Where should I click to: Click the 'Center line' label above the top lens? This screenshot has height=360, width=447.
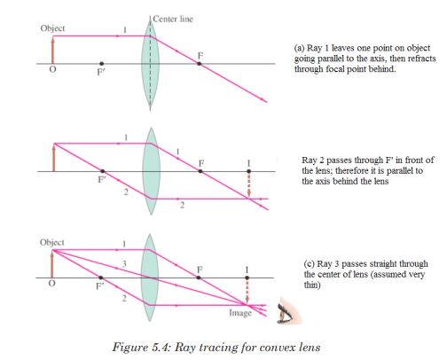coord(173,20)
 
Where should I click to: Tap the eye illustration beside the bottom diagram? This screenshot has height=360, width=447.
coord(288,312)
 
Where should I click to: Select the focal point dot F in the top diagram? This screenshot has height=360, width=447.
coord(200,64)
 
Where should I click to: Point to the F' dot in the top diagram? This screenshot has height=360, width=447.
coord(102,64)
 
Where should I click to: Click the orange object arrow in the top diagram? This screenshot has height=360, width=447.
coord(53,50)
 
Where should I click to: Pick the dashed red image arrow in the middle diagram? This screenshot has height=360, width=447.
coord(249,185)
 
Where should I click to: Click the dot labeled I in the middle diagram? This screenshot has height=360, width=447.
coord(249,171)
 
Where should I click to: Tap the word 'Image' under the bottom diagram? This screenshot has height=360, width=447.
coord(240,313)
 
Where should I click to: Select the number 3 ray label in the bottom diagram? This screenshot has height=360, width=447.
coord(124,263)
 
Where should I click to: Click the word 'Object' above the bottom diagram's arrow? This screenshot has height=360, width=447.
coord(52,242)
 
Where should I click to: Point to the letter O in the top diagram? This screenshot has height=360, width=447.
coord(52,70)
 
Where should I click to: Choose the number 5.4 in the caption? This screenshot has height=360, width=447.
coord(161,347)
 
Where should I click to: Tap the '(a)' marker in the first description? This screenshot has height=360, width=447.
coord(299,48)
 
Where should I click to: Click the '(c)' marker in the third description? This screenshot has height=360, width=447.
coord(310,264)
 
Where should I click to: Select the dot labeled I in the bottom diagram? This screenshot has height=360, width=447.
coord(247,278)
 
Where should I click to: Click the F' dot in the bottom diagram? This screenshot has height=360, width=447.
coord(101,278)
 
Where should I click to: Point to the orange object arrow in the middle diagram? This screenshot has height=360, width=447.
coord(54,157)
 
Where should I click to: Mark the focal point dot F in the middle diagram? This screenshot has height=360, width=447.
coord(200,171)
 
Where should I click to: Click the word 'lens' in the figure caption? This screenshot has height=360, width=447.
coord(310,347)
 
